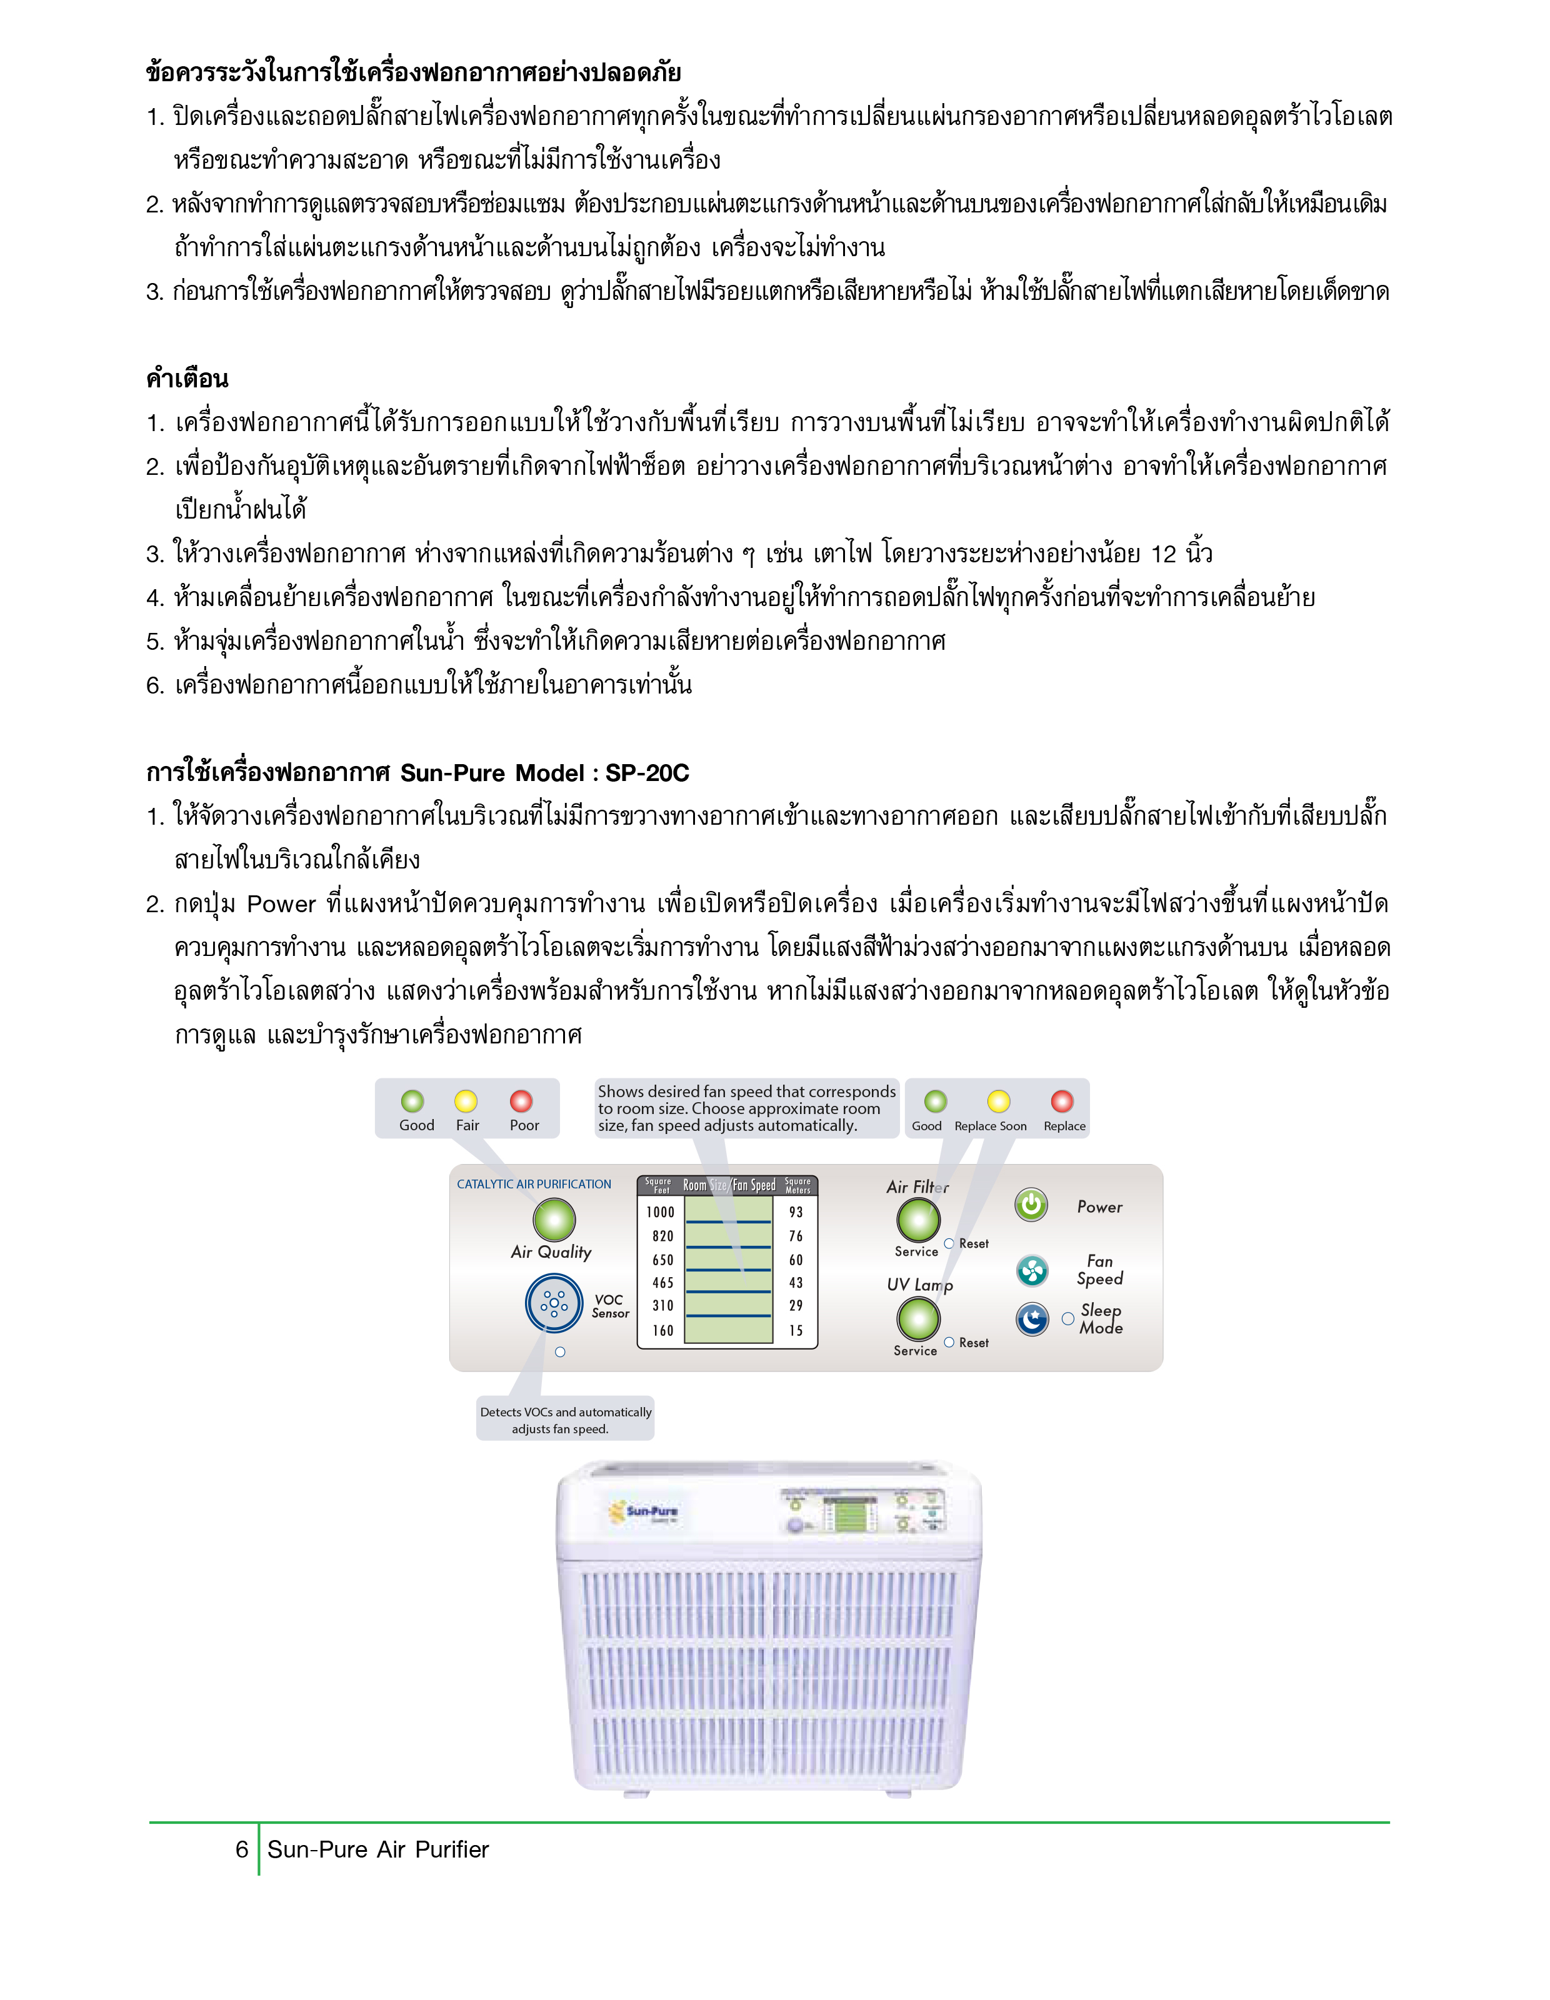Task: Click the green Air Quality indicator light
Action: [554, 1219]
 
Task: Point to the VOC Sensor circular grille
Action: [553, 1303]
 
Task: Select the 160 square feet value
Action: [663, 1331]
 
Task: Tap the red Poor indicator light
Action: [521, 1101]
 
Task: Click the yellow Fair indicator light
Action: [466, 1101]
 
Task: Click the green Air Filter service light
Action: [918, 1219]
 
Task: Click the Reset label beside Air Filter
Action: [974, 1243]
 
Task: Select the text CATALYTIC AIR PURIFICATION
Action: [534, 1184]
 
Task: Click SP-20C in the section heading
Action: [647, 773]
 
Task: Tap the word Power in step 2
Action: [281, 904]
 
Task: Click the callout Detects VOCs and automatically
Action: [565, 1412]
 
